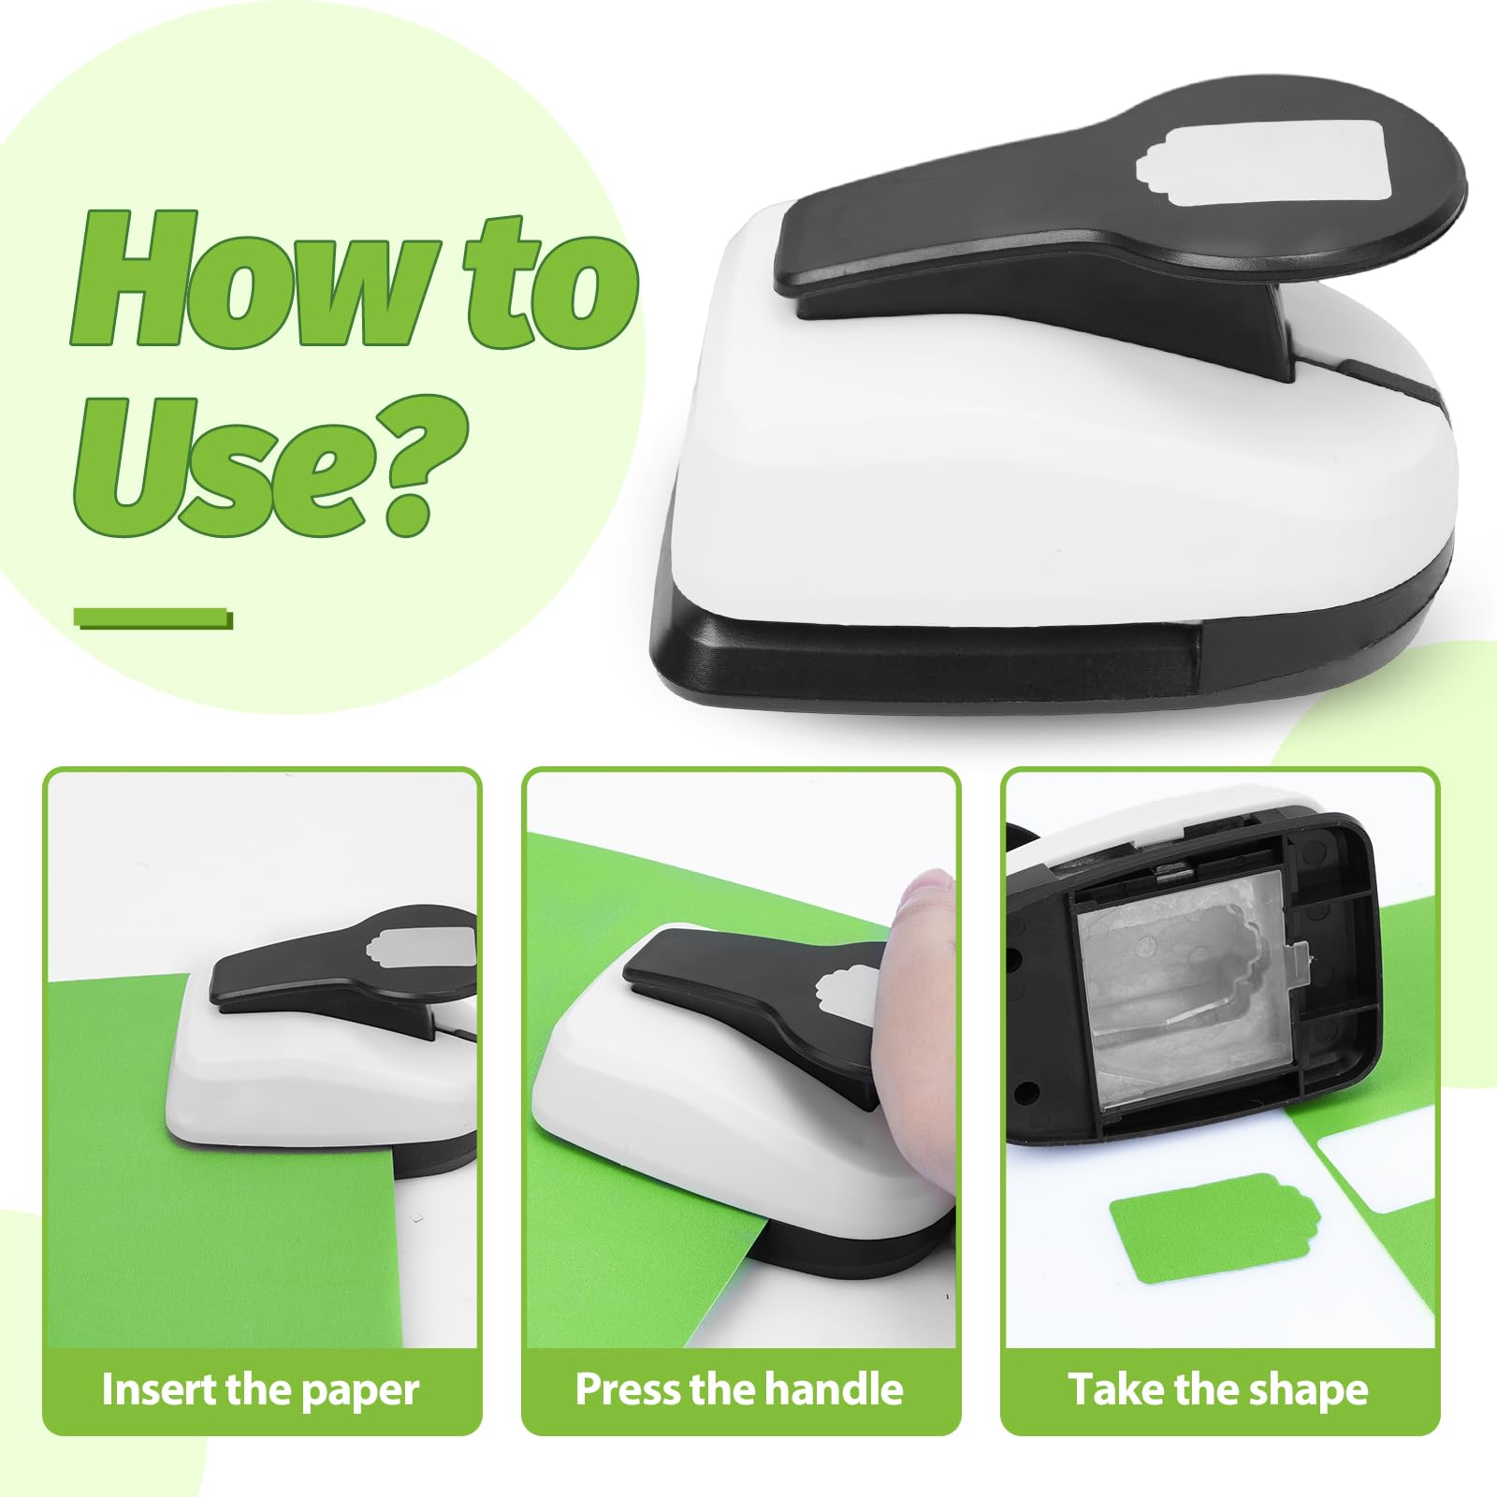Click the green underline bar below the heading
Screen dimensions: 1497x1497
pos(153,618)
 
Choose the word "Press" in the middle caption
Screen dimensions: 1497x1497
pos(627,1389)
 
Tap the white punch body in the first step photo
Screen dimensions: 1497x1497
pos(309,1085)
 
